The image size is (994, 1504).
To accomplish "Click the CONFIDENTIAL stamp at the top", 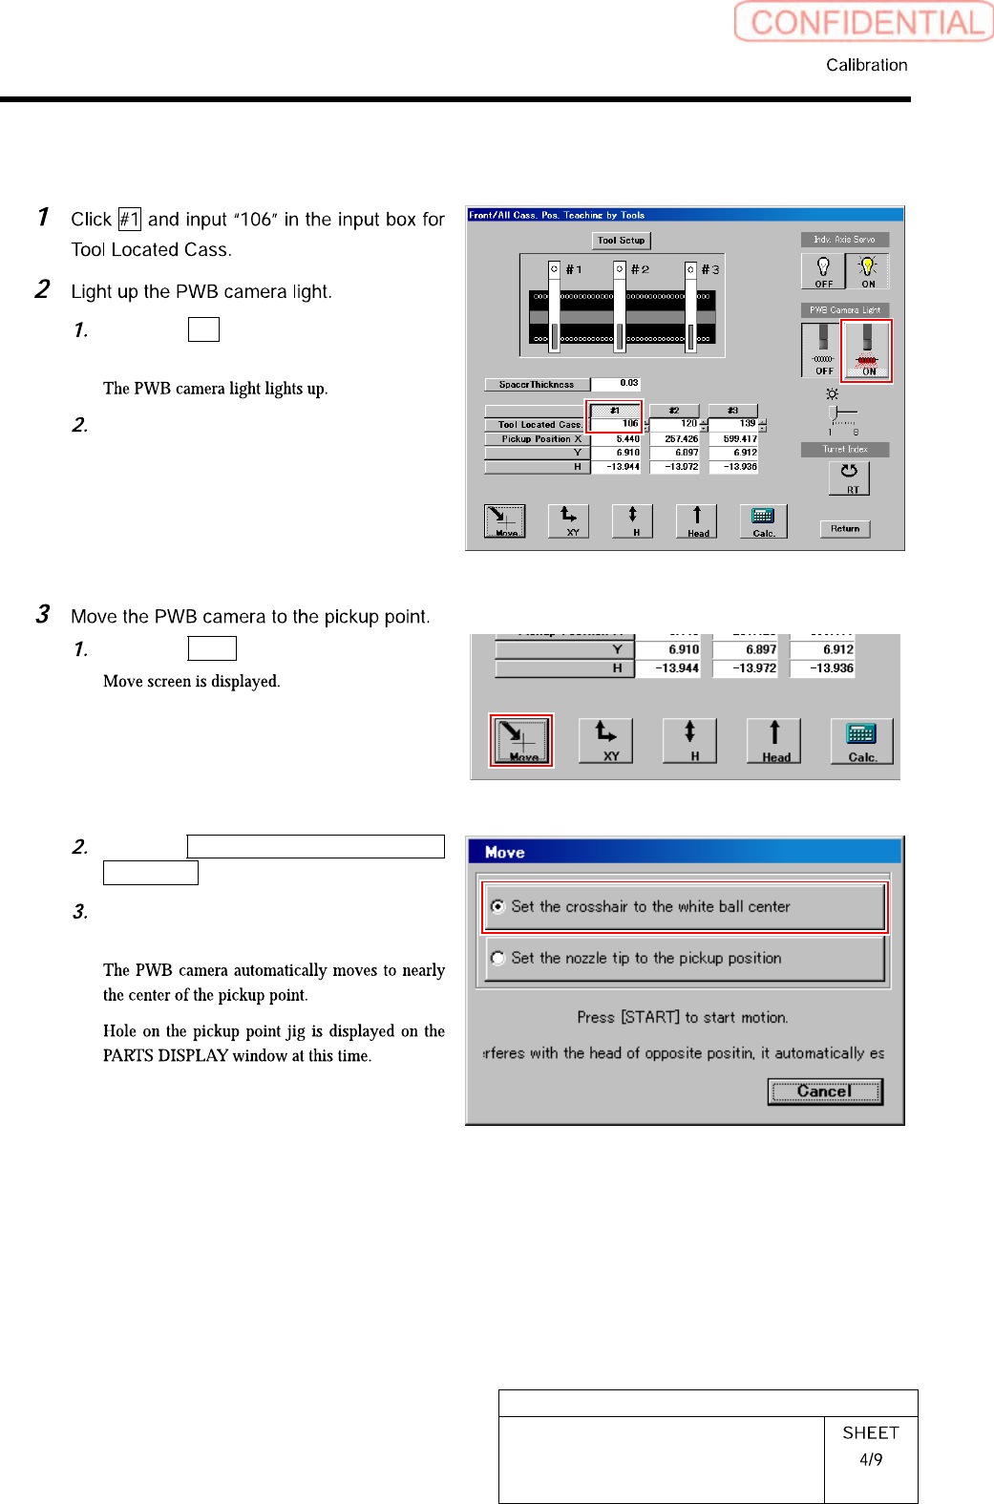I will pos(865,22).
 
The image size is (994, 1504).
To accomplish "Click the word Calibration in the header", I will pos(866,65).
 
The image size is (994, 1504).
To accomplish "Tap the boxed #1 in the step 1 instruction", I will pos(130,220).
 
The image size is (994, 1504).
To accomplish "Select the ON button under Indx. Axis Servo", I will pos(867,271).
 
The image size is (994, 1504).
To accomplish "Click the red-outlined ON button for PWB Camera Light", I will pos(866,350).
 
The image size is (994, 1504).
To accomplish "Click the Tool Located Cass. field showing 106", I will pos(617,424).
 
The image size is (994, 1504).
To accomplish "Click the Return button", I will pos(844,529).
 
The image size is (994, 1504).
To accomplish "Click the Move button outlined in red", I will pos(521,740).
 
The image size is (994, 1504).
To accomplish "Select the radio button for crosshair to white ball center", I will pos(497,906).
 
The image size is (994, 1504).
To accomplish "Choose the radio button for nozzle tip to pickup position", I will pos(497,958).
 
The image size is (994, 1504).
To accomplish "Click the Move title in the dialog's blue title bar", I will pos(504,853).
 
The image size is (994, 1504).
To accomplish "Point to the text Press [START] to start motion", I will pos(682,1018).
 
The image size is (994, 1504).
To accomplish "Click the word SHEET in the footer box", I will pos(870,1433).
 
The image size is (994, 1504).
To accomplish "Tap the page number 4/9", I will pos(870,1460).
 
